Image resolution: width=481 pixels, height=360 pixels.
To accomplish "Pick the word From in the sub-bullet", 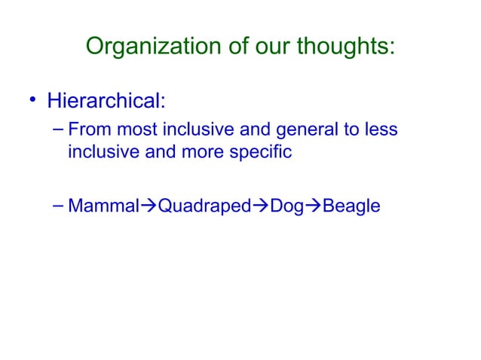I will click(87, 131).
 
